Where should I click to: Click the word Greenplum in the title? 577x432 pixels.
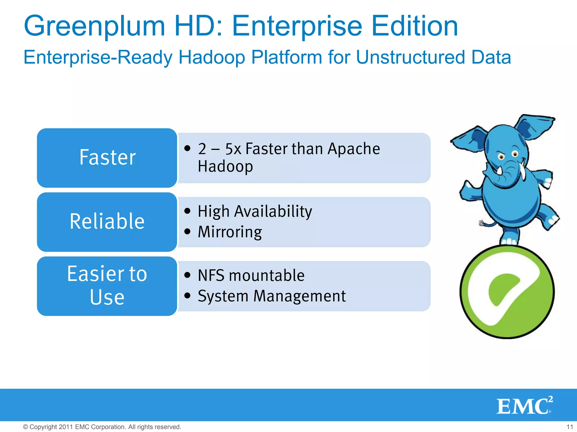point(94,27)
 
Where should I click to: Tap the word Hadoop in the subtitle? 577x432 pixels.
point(212,58)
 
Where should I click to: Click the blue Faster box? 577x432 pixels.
point(107,158)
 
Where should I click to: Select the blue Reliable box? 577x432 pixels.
point(107,222)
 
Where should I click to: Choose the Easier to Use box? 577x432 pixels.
point(107,286)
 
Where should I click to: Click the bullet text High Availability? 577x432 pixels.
point(255,211)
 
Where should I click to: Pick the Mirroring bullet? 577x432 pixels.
point(230,232)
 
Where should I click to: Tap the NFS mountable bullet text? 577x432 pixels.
point(251,275)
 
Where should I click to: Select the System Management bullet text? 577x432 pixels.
point(272,296)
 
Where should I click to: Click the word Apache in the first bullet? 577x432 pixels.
point(354,149)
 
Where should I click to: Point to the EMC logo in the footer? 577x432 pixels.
point(524,406)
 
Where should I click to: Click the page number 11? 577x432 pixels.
point(570,427)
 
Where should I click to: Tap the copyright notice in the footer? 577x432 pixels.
point(102,427)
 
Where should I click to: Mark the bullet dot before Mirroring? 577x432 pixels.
point(187,232)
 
